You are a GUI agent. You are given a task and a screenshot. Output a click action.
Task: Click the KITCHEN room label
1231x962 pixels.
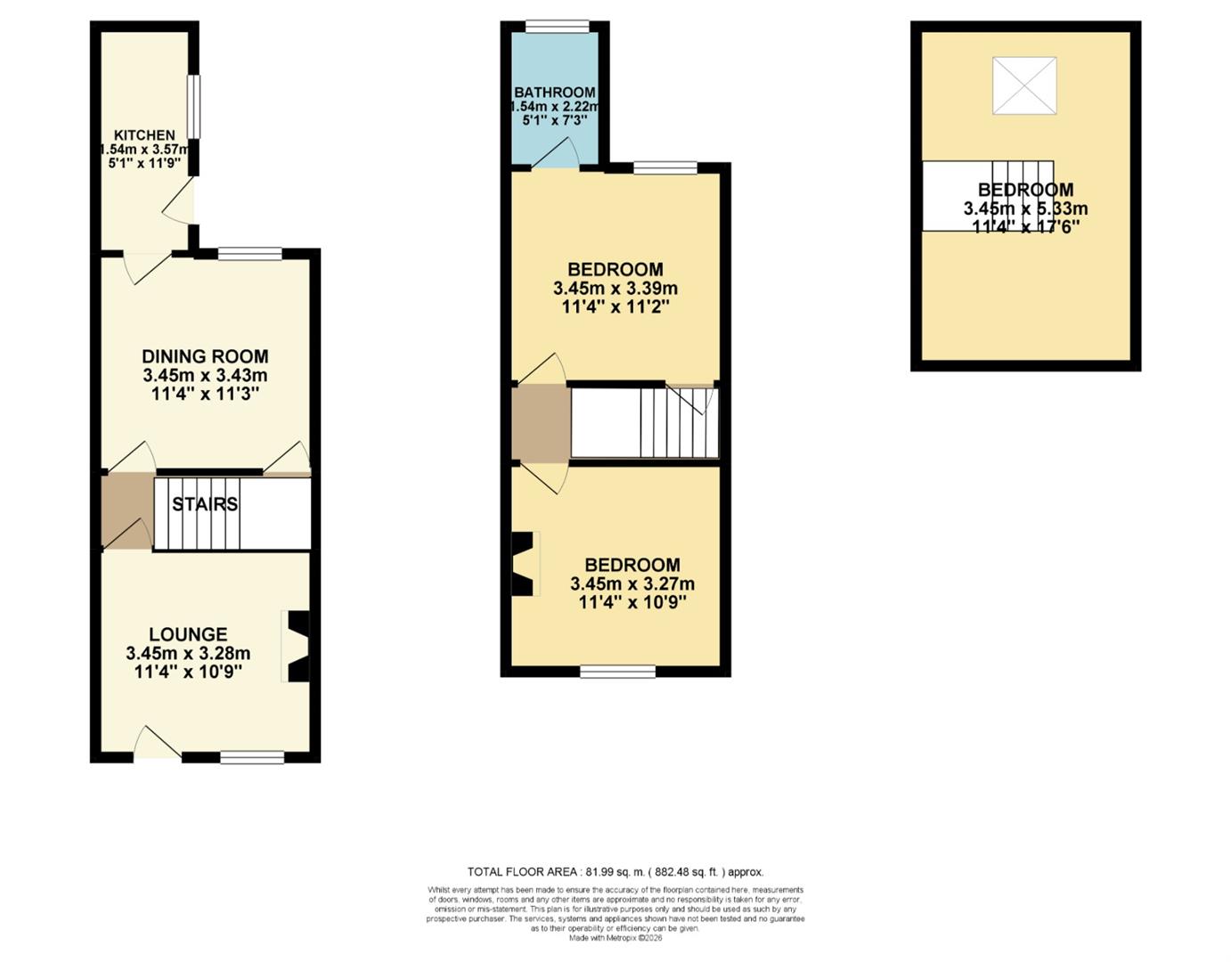[x=144, y=135]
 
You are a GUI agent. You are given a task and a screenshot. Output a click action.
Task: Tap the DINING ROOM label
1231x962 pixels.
[x=205, y=356]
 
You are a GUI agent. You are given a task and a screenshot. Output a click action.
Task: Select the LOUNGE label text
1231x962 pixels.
[x=188, y=634]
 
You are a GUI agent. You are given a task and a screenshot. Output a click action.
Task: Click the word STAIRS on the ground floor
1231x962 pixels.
[x=205, y=504]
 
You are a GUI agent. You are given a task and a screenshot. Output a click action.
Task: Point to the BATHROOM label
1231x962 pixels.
[x=554, y=93]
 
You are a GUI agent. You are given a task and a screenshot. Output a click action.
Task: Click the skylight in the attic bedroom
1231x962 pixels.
[x=1024, y=86]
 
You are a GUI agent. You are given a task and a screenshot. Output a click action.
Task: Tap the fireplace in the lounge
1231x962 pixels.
[x=297, y=646]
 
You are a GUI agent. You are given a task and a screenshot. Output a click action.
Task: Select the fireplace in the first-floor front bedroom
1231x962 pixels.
[x=525, y=564]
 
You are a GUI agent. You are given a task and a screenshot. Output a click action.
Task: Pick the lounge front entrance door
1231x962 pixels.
[x=157, y=744]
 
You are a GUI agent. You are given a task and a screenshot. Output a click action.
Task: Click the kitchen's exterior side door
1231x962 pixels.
[x=181, y=201]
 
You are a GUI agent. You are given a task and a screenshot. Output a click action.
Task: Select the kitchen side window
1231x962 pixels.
[x=193, y=107]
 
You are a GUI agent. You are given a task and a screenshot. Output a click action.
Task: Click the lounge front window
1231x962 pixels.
[x=252, y=757]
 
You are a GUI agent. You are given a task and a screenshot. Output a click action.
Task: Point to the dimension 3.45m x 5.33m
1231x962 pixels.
[x=1025, y=208]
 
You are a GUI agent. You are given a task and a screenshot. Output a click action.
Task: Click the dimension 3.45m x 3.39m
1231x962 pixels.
[x=615, y=289]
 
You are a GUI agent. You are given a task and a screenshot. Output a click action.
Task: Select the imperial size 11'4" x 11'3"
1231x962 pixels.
[x=205, y=394]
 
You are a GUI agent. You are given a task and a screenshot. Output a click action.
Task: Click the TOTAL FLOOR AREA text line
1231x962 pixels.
[x=615, y=872]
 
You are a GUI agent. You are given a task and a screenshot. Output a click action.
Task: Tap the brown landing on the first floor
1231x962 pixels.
[x=541, y=423]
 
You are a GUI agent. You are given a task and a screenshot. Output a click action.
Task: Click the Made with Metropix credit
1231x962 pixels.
[x=615, y=937]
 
